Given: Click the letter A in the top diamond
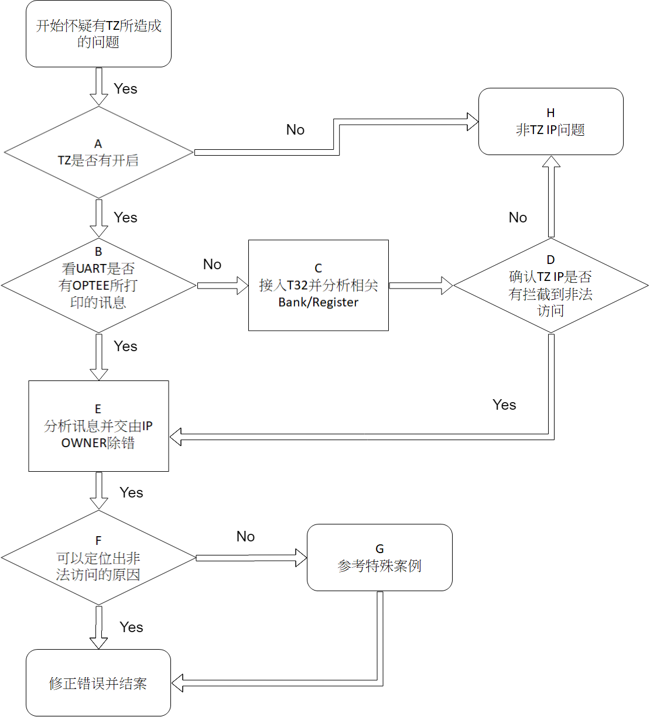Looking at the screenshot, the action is pyautogui.click(x=98, y=143).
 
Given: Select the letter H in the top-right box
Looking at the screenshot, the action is pyautogui.click(x=550, y=113).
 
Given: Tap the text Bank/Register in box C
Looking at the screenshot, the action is pyautogui.click(x=318, y=303).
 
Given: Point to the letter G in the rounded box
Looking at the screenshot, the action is pyautogui.click(x=379, y=548).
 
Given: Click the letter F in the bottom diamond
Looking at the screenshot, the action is pyautogui.click(x=98, y=540).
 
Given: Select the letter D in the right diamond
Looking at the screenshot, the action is pyautogui.click(x=550, y=260).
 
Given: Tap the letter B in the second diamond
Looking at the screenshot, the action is pyautogui.click(x=98, y=252).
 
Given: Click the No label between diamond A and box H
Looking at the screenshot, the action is pyautogui.click(x=295, y=130).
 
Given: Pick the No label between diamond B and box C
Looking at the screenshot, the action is pyautogui.click(x=212, y=265).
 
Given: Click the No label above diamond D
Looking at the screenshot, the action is pyautogui.click(x=518, y=218).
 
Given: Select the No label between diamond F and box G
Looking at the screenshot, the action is pyautogui.click(x=245, y=537).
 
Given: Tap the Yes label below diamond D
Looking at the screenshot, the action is pyautogui.click(x=504, y=405).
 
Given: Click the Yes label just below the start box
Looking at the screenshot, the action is pyautogui.click(x=125, y=89).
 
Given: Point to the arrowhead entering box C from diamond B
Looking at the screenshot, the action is pyautogui.click(x=242, y=286).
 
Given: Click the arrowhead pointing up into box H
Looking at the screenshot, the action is pyautogui.click(x=551, y=162).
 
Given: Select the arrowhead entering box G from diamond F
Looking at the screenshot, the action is pyautogui.click(x=301, y=558).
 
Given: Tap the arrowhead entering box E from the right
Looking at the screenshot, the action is pyautogui.click(x=176, y=437).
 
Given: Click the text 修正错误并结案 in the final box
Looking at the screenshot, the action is pyautogui.click(x=98, y=684).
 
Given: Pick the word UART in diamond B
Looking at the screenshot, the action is pyautogui.click(x=91, y=269).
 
